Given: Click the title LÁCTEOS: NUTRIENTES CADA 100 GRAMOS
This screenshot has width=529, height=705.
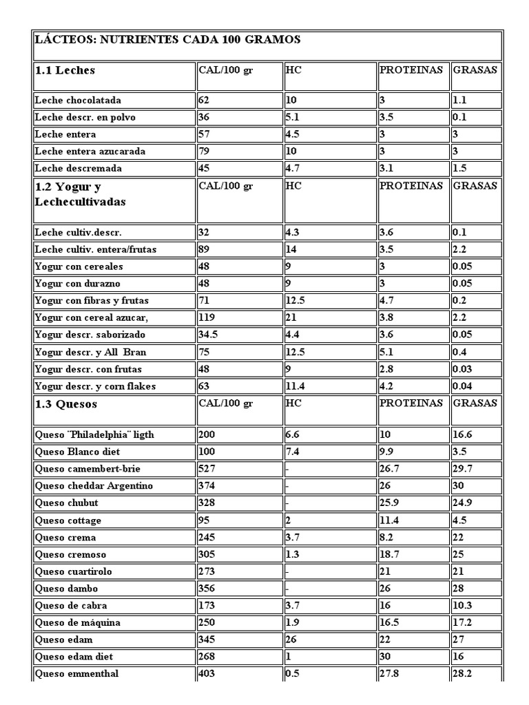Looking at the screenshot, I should pyautogui.click(x=167, y=40).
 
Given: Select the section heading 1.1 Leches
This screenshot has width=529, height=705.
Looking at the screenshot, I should pyautogui.click(x=65, y=70).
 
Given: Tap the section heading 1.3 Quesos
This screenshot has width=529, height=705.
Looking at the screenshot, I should pyautogui.click(x=66, y=404).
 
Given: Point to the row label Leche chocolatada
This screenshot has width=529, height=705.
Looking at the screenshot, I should pyautogui.click(x=78, y=100).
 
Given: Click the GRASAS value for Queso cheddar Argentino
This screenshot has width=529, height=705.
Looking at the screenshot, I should pyautogui.click(x=459, y=486).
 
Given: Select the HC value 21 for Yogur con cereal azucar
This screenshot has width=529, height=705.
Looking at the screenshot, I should pyautogui.click(x=291, y=317).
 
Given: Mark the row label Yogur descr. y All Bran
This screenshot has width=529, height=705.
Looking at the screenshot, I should pyautogui.click(x=90, y=352).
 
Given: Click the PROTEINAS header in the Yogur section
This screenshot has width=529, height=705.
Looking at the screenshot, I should pyautogui.click(x=411, y=186).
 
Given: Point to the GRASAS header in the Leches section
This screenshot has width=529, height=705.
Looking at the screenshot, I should pyautogui.click(x=475, y=70).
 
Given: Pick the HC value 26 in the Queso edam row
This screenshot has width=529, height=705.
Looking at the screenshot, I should pyautogui.click(x=291, y=640).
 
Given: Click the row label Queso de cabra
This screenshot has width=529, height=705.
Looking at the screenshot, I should pyautogui.click(x=71, y=606).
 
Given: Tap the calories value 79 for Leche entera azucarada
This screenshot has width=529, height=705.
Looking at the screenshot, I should pyautogui.click(x=205, y=151).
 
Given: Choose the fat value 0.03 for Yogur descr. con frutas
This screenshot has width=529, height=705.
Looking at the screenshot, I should pyautogui.click(x=463, y=369).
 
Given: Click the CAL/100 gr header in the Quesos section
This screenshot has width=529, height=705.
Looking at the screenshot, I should pyautogui.click(x=225, y=403).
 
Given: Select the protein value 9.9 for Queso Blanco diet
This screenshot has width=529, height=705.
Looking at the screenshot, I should pyautogui.click(x=388, y=452).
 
